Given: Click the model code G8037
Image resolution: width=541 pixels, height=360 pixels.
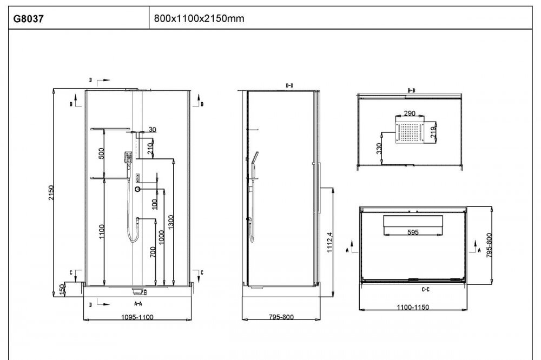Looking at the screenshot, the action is click(x=29, y=18).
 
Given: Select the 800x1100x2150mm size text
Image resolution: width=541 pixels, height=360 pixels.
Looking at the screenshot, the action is click(x=199, y=18).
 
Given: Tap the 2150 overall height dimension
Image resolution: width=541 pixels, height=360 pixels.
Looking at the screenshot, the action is click(x=51, y=192).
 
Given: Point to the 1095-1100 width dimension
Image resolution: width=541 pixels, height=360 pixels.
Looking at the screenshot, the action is click(x=137, y=317).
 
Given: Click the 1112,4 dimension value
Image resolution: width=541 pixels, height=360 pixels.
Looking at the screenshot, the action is click(x=329, y=242).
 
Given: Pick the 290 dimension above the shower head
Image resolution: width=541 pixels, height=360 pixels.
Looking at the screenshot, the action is click(x=409, y=113).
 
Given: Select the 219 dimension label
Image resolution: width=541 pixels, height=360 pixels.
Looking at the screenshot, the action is click(x=433, y=132).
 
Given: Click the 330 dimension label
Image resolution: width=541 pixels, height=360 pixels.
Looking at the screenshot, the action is click(x=379, y=149).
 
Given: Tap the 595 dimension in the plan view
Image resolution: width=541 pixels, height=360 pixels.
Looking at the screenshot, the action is click(x=413, y=232).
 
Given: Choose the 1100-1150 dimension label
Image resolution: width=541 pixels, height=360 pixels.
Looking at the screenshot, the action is click(x=413, y=307).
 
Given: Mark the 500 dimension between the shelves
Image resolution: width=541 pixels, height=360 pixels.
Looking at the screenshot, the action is click(x=101, y=153).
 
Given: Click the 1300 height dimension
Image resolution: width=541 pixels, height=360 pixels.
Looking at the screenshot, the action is click(x=171, y=222).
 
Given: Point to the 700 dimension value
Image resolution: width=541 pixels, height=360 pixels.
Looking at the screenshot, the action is click(x=153, y=252).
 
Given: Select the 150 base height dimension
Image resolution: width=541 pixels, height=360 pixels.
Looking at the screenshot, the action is click(x=62, y=289).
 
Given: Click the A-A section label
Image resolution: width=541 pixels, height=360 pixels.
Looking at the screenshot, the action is click(x=138, y=303).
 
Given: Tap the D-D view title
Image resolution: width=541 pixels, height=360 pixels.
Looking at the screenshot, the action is click(x=289, y=85).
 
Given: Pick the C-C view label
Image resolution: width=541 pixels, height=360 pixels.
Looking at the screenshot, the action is click(x=426, y=289).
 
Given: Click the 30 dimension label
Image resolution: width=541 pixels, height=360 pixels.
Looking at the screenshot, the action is click(x=152, y=129).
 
